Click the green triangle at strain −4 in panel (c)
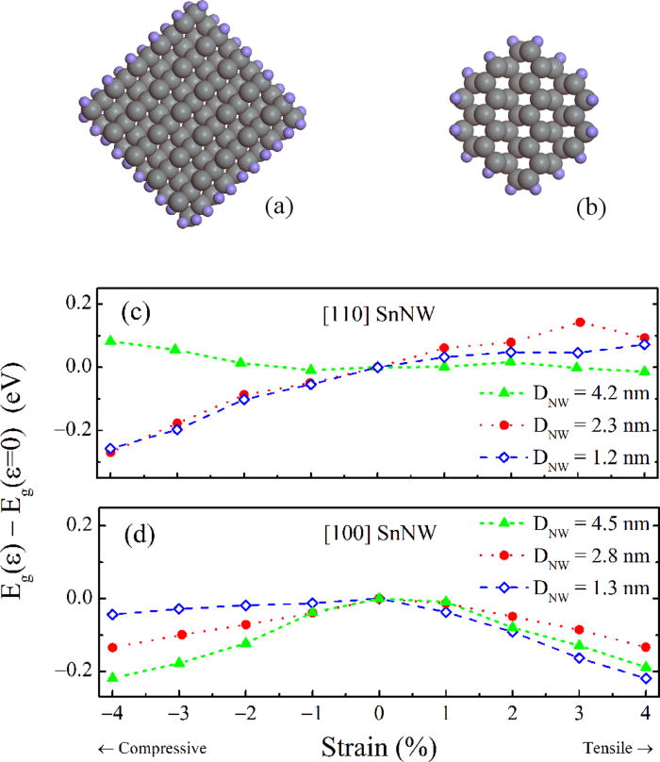[110, 340]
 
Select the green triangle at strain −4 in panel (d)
[110, 677]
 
